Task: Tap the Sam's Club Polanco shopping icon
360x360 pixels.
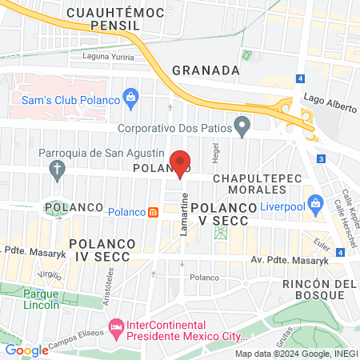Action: click(x=133, y=99)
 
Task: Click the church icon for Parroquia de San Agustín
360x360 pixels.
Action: click(x=57, y=169)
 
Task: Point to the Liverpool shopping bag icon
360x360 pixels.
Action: click(x=315, y=203)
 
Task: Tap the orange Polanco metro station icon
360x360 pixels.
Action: click(x=153, y=212)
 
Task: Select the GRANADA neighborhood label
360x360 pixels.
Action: click(x=206, y=70)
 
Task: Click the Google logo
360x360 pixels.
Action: click(x=26, y=350)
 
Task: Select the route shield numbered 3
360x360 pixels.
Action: click(x=320, y=159)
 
